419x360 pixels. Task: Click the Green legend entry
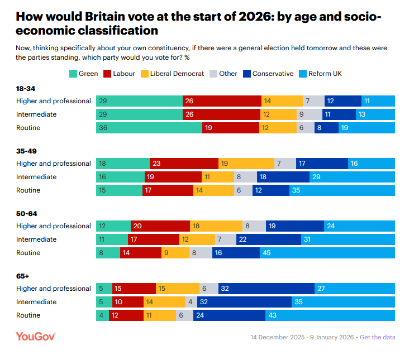83,74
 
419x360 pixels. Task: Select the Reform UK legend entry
321,74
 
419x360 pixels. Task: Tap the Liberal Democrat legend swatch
144,74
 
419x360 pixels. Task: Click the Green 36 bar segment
149,128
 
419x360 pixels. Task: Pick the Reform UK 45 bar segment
327,253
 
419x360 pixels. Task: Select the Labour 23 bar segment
184,164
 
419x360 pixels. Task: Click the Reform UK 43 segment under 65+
330,315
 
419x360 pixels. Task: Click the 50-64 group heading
27,214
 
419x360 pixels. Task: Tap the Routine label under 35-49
28,190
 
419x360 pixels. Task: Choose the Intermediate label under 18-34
36,114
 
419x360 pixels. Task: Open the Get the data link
377,338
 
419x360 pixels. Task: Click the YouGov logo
36,337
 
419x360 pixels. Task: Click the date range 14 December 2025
278,338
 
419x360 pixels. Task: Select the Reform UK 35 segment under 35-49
342,190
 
